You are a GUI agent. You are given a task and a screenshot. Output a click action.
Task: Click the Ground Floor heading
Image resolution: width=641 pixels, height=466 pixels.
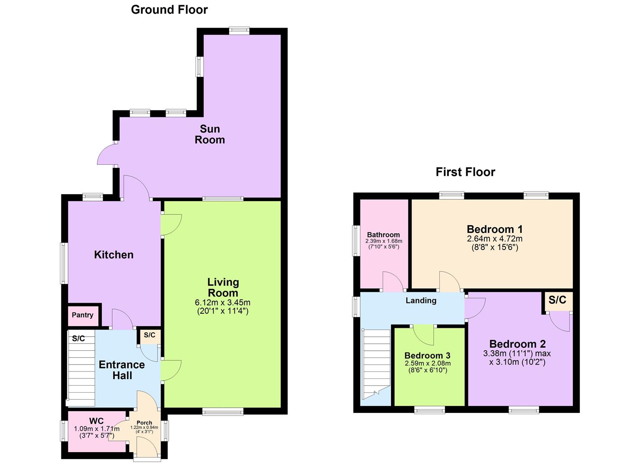click(169, 10)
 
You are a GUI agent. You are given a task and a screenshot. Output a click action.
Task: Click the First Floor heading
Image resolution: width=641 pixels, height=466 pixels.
click(465, 172)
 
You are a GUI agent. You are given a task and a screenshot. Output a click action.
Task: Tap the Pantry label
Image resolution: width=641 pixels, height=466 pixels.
click(82, 315)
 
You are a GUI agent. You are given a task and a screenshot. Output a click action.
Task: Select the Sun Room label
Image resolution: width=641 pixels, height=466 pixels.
click(210, 134)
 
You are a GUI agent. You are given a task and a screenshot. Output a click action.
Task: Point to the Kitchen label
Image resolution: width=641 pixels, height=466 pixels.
click(114, 255)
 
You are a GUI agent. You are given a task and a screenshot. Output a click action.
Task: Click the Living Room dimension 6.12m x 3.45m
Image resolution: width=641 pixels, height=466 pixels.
click(223, 302)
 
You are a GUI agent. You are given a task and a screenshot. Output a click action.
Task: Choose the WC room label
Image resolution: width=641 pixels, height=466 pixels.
click(96, 421)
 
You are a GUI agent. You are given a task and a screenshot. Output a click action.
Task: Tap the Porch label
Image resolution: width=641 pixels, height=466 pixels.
click(144, 422)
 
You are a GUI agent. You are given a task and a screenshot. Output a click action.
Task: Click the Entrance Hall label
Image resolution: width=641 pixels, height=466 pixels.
click(122, 370)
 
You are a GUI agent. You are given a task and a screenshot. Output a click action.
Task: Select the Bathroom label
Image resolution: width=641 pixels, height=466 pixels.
click(383, 235)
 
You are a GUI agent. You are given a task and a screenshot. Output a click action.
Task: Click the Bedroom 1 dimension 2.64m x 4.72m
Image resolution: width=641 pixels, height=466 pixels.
click(495, 239)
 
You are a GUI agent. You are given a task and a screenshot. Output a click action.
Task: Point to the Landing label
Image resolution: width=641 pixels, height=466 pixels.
click(421, 300)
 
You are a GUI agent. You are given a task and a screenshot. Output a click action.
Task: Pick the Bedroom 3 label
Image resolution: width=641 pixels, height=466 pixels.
click(427, 356)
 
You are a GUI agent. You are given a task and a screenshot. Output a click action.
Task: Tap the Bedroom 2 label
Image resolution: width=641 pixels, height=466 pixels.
click(518, 343)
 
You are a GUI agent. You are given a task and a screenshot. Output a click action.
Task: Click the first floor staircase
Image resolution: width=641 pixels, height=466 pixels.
click(376, 365)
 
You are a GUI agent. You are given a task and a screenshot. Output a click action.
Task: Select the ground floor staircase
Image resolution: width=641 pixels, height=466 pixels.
click(81, 368)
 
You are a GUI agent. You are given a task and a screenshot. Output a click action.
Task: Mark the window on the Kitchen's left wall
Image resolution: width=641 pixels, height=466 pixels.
click(64, 264)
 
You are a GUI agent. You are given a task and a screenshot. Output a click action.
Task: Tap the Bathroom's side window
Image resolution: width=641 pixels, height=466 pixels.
click(356, 241)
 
